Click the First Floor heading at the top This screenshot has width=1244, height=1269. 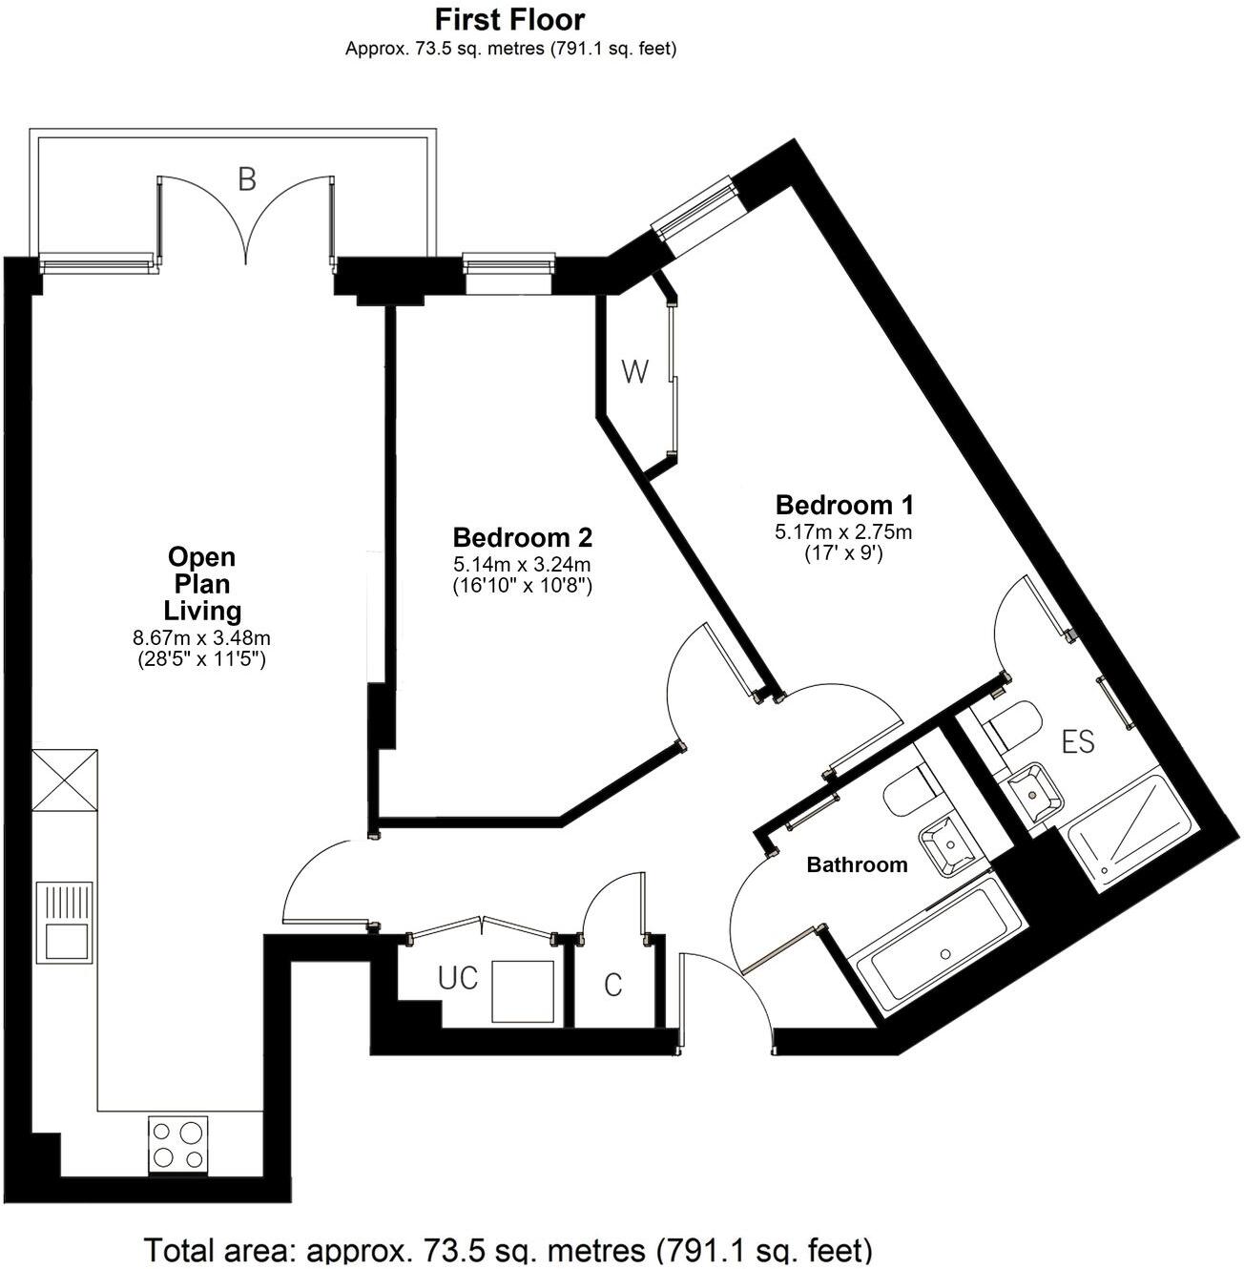(510, 19)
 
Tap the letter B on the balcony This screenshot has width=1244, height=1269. (247, 179)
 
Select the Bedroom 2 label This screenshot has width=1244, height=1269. (523, 536)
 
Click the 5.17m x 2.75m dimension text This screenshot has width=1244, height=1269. (843, 532)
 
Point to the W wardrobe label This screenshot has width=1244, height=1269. (634, 372)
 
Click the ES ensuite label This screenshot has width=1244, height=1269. (1078, 741)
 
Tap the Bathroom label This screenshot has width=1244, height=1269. (857, 865)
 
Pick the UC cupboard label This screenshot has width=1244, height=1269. (458, 979)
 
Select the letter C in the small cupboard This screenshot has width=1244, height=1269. (613, 985)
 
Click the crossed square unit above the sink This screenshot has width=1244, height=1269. (64, 780)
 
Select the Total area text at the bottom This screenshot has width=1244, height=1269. (508, 1249)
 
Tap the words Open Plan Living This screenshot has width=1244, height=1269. (201, 583)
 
